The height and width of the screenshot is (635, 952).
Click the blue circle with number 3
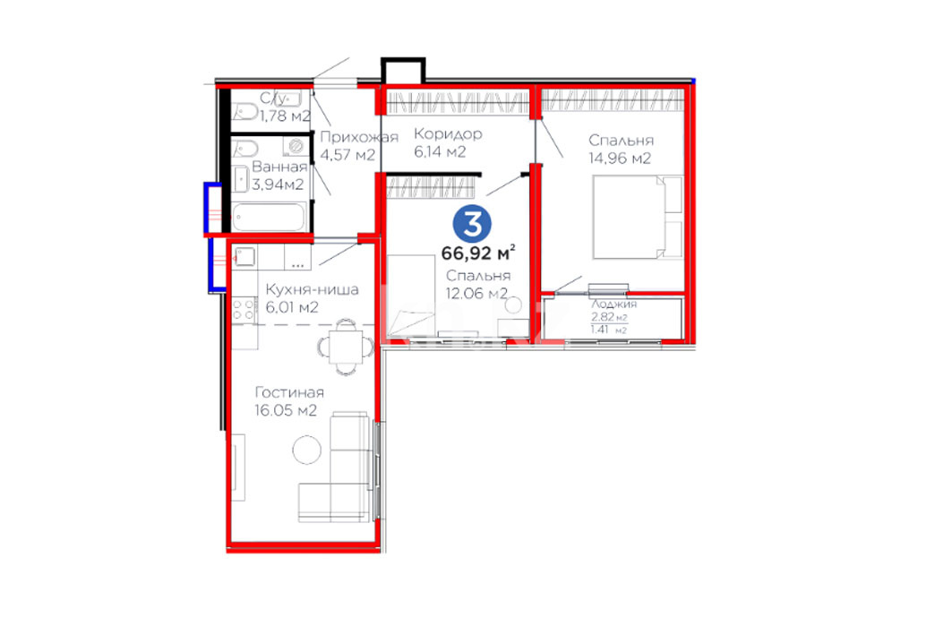coord(472,223)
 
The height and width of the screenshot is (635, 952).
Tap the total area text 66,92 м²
coord(478,252)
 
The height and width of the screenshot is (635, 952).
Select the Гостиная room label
coord(289,392)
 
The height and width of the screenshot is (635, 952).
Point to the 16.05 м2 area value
coord(286,410)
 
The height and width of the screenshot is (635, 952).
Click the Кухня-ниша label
coord(312,289)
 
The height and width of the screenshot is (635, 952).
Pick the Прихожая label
coord(359,137)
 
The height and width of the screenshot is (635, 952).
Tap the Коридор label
coord(448,133)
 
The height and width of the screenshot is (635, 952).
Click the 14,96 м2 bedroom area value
coord(619,159)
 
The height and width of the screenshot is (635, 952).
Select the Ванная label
coord(279,167)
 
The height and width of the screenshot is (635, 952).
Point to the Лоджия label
coord(613,305)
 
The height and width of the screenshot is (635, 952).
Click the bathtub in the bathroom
coord(269,218)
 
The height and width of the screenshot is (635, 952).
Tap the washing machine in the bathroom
coord(297,146)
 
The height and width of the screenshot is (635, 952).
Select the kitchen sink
coord(244,257)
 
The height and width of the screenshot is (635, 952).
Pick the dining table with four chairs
coord(346,347)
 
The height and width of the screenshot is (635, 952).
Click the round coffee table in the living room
coord(306,450)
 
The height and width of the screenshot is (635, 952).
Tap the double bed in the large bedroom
coord(638,217)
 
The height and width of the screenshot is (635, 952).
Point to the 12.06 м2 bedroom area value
coord(476,294)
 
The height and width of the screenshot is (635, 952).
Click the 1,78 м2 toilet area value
coord(285,116)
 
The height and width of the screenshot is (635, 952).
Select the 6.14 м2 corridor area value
coord(440,151)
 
